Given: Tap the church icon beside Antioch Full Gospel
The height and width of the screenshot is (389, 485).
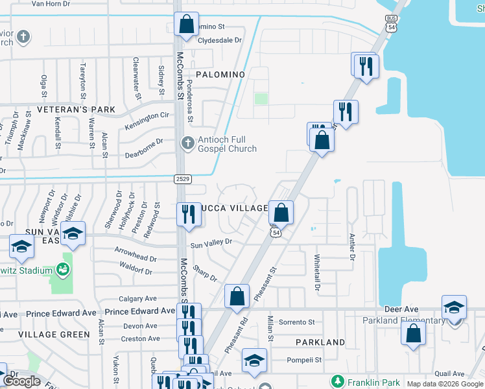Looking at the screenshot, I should coord(187,143).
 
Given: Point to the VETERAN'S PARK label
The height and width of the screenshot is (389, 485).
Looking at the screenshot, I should coord(76,109).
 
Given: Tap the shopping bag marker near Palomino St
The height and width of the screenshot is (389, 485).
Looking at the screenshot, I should coord(186,25).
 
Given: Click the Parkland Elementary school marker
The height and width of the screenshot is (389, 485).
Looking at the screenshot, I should coord(454,307).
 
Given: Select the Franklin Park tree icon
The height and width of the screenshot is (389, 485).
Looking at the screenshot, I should coord(337,381).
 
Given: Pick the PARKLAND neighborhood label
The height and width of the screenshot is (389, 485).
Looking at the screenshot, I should coord(320,342).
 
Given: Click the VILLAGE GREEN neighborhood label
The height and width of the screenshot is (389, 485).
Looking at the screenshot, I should coord(54,335).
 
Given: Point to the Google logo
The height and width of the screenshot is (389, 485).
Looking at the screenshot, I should coord(23,381).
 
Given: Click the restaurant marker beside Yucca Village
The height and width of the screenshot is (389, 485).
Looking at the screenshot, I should coord(188,214).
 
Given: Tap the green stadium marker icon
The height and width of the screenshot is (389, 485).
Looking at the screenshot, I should coord(62,268).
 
